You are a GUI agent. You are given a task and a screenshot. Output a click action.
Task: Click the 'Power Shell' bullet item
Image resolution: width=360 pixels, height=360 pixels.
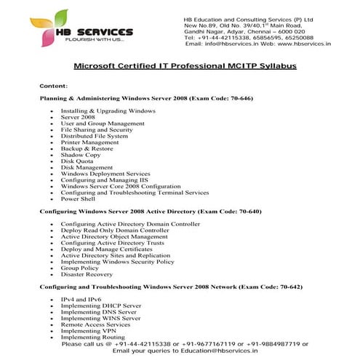79,199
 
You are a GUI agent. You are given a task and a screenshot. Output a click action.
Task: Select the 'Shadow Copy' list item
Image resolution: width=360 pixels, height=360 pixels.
81,155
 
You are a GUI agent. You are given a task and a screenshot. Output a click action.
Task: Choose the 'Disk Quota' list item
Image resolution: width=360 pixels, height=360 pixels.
79,161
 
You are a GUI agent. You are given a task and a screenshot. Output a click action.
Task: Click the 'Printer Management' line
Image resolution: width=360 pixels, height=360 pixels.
89,143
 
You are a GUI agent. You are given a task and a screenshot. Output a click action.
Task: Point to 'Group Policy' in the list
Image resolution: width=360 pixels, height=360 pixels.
81,268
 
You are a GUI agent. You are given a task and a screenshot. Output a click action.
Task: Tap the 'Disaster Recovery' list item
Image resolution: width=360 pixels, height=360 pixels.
87,274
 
